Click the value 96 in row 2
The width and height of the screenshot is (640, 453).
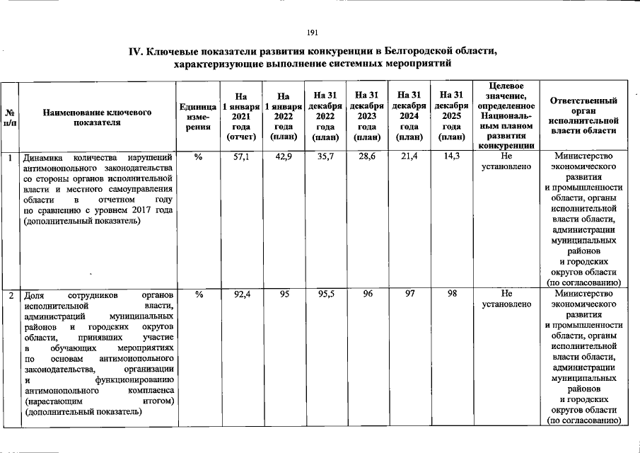pyautogui.click(x=368, y=293)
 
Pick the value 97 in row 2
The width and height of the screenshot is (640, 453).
pyautogui.click(x=409, y=293)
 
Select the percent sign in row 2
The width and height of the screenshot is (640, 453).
pyautogui.click(x=198, y=293)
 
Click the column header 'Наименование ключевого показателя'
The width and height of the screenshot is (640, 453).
pyautogui.click(x=97, y=117)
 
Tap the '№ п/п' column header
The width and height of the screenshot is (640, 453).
pyautogui.click(x=10, y=117)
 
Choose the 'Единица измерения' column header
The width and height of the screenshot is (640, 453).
pyautogui.click(x=198, y=117)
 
